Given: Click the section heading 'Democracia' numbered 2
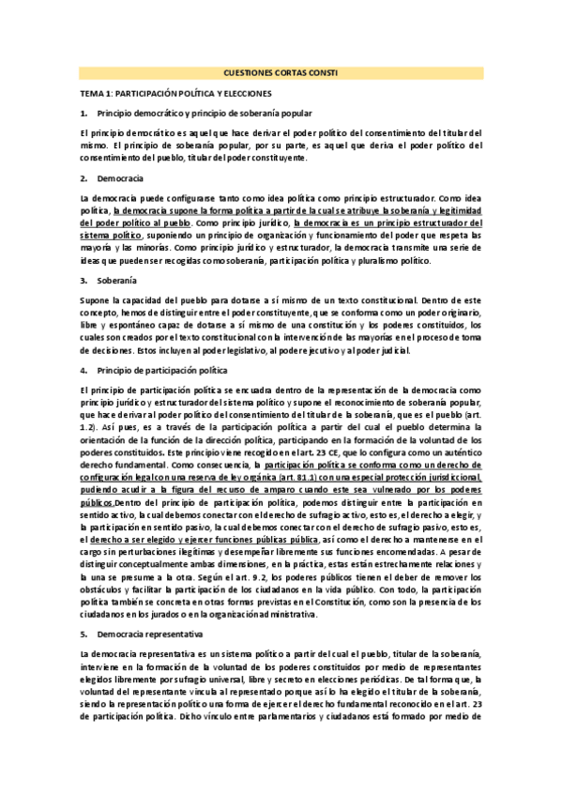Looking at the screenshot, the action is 119,177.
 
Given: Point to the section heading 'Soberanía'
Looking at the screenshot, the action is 116,280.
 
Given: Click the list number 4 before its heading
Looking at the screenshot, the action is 84,369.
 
